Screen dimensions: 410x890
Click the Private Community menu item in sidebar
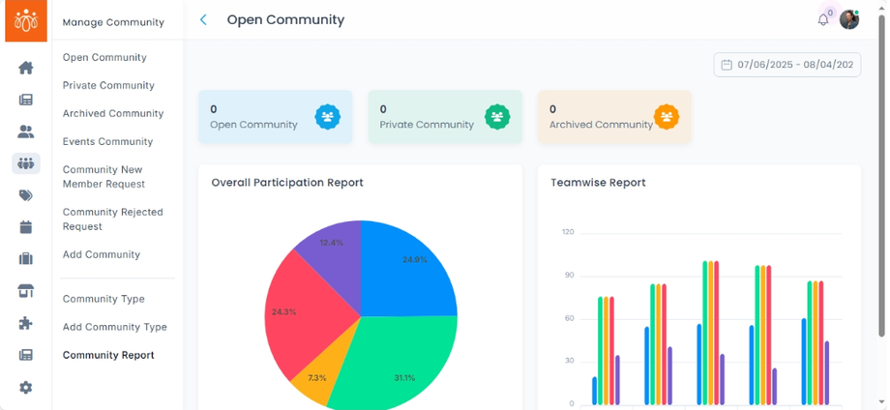(108, 85)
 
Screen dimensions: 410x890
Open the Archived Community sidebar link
(111, 113)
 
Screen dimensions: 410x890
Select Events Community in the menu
(107, 141)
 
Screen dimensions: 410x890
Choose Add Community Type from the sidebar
(114, 327)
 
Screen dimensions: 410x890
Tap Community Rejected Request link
(112, 219)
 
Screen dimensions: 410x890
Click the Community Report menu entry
(108, 355)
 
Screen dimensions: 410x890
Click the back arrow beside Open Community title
(203, 19)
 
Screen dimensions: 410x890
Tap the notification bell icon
(823, 19)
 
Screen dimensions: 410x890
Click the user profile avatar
(848, 19)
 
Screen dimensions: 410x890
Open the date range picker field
(787, 65)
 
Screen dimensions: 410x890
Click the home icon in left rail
(26, 68)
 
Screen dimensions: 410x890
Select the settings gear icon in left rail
(26, 387)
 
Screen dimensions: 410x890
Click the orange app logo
(26, 20)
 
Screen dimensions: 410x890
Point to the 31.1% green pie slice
(397, 363)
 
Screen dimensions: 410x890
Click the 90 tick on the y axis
(568, 276)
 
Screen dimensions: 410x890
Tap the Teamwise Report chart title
(598, 182)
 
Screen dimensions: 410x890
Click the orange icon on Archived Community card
(667, 117)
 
